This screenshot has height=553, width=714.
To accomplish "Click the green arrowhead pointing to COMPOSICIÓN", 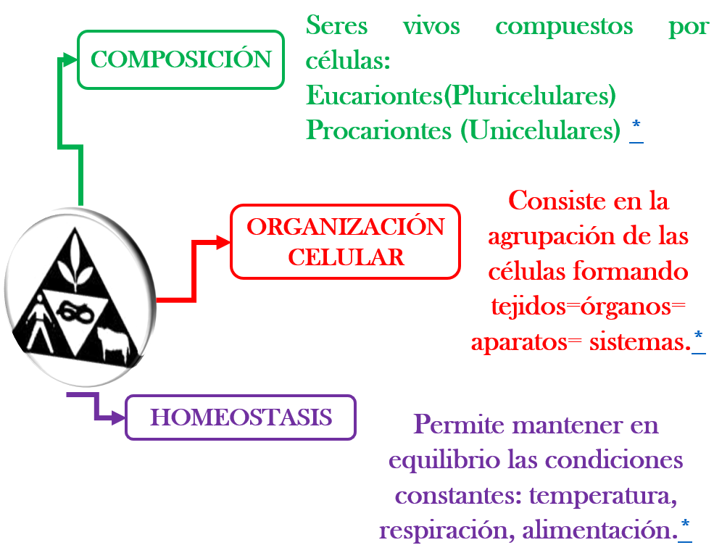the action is (70, 59).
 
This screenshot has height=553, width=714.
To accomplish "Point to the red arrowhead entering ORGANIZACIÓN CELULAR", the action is (223, 242).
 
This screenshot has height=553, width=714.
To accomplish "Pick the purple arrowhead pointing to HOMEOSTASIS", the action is (118, 417).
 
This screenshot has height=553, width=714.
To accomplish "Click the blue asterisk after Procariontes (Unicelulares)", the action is (636, 124).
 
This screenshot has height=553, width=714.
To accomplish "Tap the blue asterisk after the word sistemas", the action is (699, 336).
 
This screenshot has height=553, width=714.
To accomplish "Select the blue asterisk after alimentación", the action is (685, 524).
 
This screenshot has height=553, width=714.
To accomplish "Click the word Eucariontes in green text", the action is (374, 96).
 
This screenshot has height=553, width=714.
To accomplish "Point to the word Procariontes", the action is (379, 130).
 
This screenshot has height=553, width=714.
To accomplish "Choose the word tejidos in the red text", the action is (528, 307).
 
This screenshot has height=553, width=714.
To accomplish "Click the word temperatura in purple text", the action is (603, 496).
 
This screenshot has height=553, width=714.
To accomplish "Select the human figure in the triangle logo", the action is (39, 323).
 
